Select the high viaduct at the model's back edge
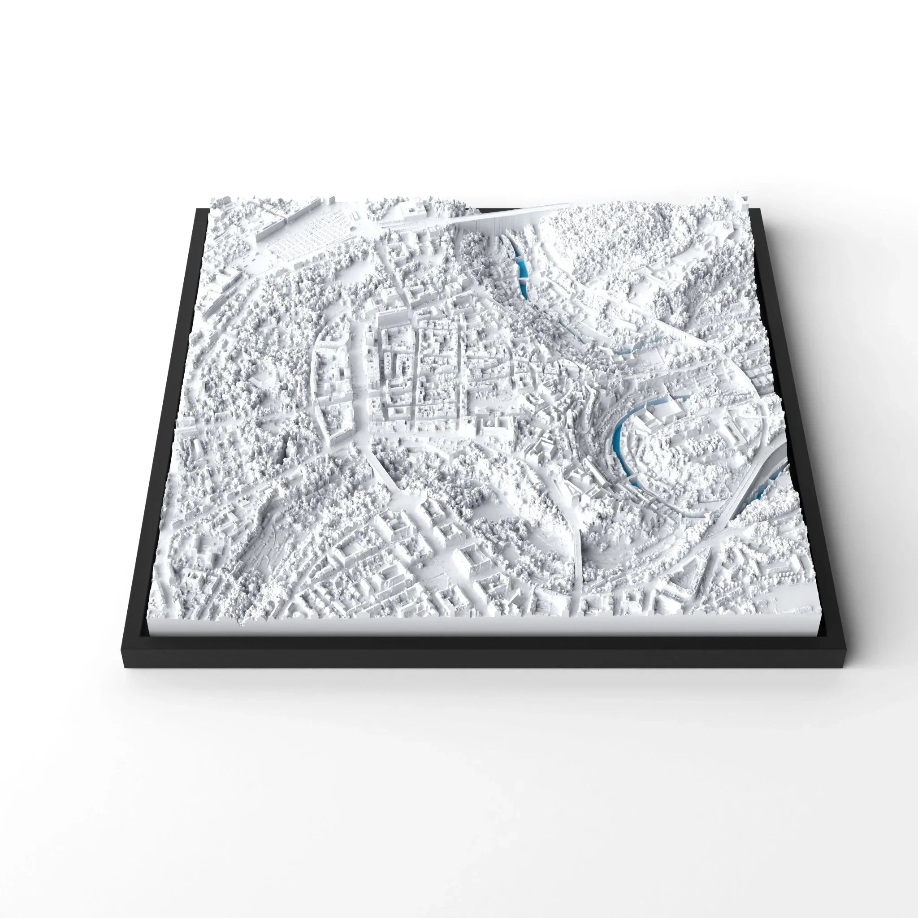(499, 217)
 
